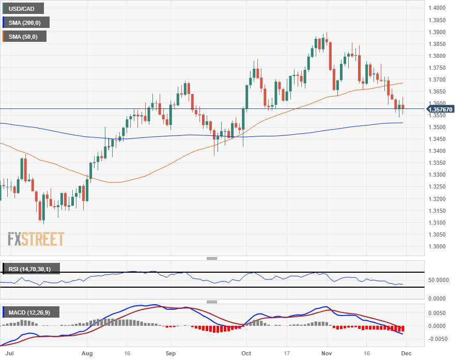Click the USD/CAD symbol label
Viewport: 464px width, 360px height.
[22, 9]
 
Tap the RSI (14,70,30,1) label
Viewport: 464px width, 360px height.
[30, 269]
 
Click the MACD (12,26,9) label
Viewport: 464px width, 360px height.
[30, 312]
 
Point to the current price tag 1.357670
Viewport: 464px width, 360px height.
[440, 109]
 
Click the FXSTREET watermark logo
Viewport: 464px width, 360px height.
[36, 239]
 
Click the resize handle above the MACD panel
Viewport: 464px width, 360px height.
[212, 302]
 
